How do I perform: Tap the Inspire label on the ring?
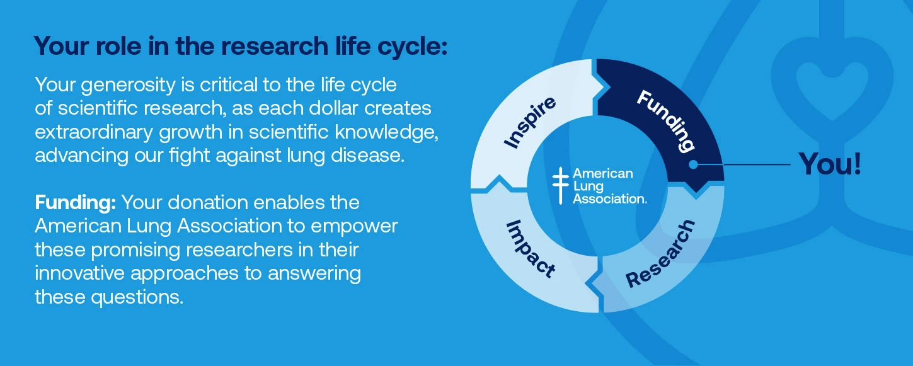pos(531,122)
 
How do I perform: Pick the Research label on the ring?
pos(661,253)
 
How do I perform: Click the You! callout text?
pos(829,164)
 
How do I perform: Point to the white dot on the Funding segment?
pos(692,164)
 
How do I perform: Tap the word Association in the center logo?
pos(609,198)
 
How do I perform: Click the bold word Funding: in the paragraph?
pos(76,203)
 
